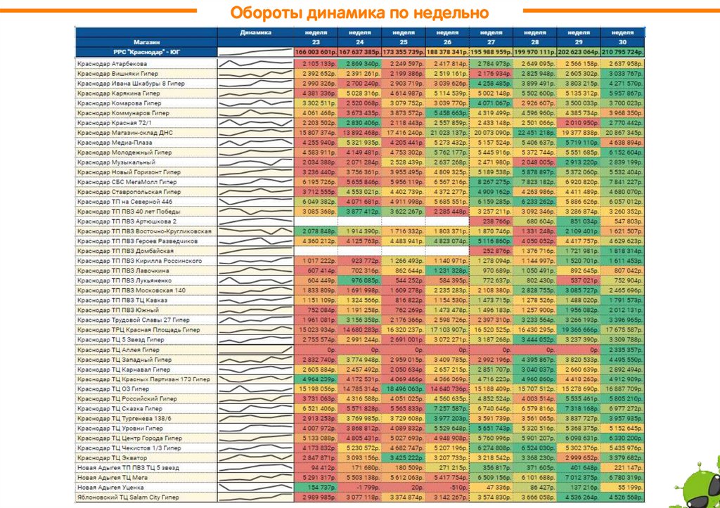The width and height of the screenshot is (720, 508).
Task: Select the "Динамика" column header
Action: (x=255, y=32)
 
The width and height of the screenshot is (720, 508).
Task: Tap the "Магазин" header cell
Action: (x=146, y=42)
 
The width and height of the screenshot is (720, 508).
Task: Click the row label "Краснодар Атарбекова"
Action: (x=112, y=64)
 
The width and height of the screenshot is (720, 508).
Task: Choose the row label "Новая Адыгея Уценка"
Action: (x=106, y=487)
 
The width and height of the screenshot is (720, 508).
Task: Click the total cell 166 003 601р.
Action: (x=316, y=53)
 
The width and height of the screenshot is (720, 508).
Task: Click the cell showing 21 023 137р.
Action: (x=447, y=133)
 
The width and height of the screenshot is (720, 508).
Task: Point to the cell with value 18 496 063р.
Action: (x=404, y=389)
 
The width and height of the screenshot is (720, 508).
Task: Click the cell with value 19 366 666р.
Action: (x=579, y=330)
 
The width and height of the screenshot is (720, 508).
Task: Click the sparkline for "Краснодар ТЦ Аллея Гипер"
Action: (x=255, y=349)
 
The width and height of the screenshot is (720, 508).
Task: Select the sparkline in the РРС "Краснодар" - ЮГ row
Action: (x=255, y=53)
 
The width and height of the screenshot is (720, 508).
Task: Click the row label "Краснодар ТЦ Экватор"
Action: (x=112, y=457)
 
